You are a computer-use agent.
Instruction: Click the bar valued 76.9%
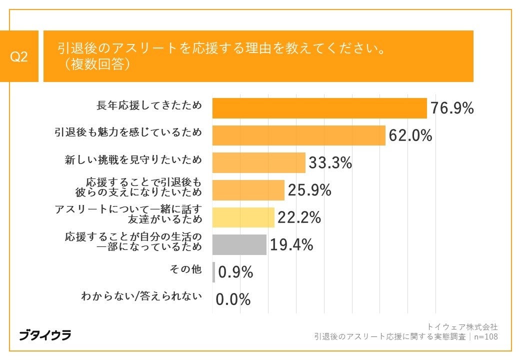[x=319, y=108]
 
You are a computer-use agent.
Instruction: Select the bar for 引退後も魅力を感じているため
[x=299, y=135]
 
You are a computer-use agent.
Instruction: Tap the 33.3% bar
[x=258, y=163]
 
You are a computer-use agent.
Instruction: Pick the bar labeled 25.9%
[x=248, y=190]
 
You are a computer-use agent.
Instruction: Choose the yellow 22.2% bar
[x=243, y=217]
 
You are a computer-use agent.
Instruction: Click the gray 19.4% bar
[x=239, y=245]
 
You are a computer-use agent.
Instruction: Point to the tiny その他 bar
[x=213, y=272]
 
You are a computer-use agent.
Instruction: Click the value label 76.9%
[x=452, y=108]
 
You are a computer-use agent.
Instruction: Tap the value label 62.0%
[x=410, y=135]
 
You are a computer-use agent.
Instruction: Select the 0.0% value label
[x=233, y=299]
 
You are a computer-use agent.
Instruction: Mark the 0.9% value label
[x=235, y=272]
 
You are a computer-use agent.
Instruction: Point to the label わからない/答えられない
[x=141, y=296]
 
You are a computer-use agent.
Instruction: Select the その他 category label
[x=186, y=269]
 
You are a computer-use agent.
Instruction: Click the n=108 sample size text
[x=485, y=336]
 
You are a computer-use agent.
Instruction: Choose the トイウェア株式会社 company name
[x=462, y=326]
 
